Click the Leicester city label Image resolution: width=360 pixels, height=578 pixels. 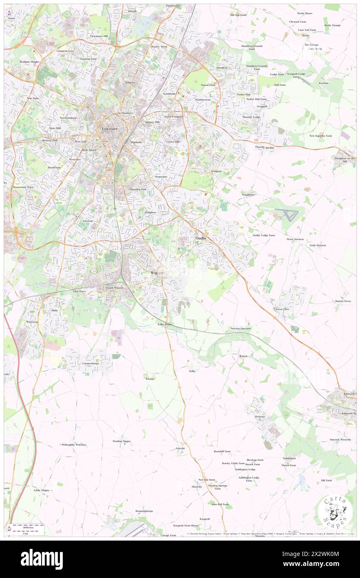(x=110, y=129)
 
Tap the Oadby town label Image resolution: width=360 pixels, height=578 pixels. (x=201, y=238)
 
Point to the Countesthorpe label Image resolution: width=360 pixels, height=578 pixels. (x=91, y=363)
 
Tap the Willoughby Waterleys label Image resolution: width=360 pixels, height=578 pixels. (x=74, y=445)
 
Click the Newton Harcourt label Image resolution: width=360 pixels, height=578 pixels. (x=241, y=329)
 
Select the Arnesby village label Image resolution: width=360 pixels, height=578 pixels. (x=180, y=448)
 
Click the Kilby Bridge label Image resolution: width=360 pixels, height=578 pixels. (x=165, y=324)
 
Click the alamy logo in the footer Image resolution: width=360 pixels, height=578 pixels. (x=42, y=559)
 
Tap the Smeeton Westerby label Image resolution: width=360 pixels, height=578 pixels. (x=340, y=439)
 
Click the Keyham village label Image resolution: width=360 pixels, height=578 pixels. (x=323, y=83)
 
